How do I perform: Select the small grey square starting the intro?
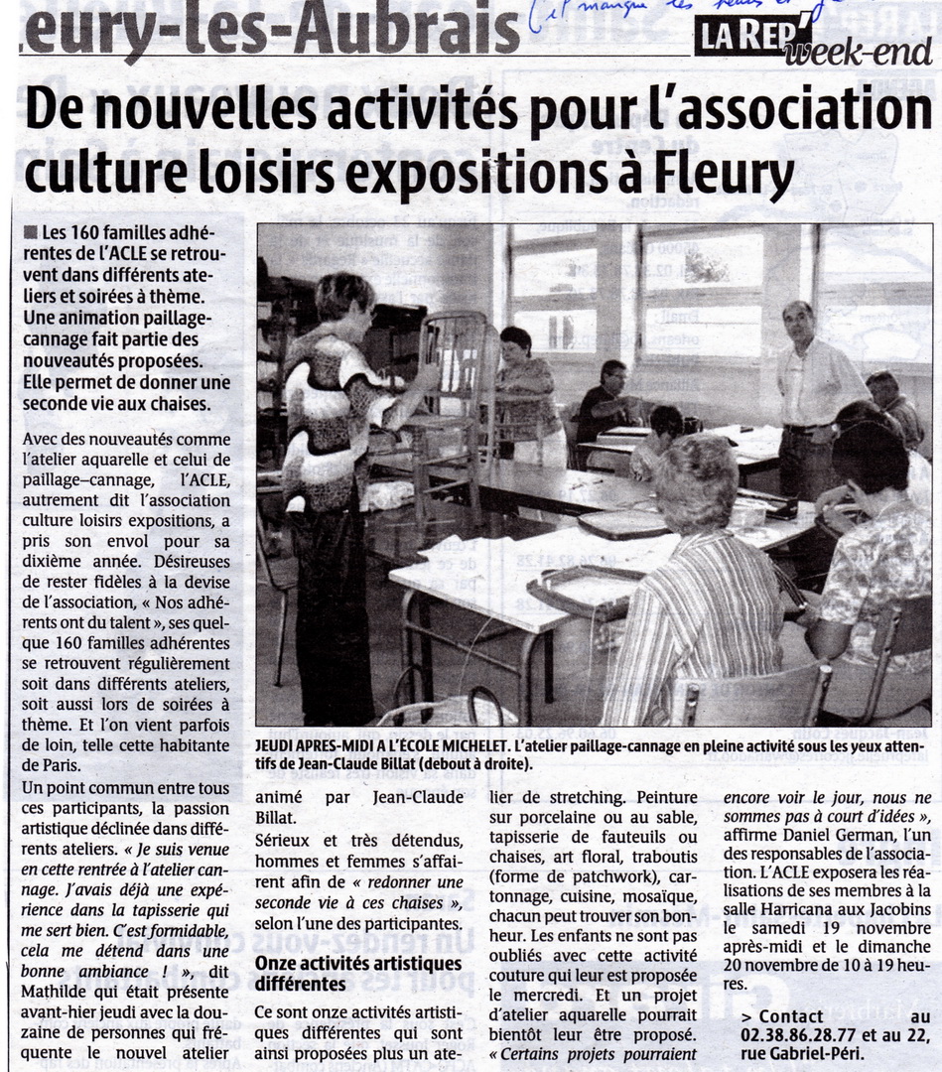pyautogui.click(x=31, y=232)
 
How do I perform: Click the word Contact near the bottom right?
pyautogui.click(x=790, y=1015)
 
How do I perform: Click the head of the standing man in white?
pyautogui.click(x=797, y=321)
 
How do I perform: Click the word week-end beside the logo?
pyautogui.click(x=857, y=53)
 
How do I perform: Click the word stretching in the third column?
pyautogui.click(x=579, y=796)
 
